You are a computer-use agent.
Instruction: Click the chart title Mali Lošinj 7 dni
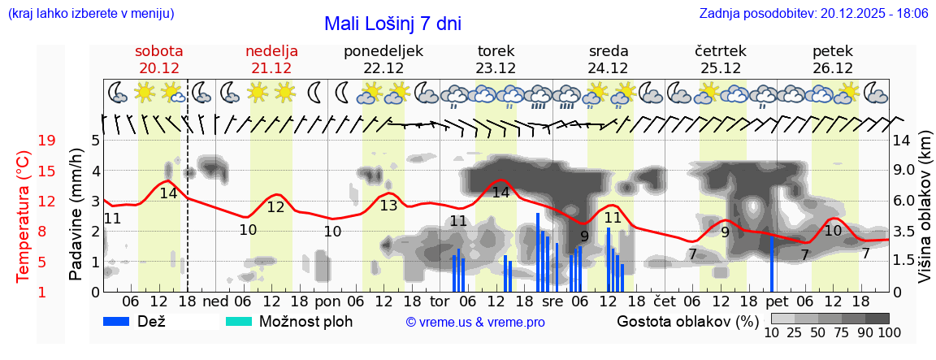pyautogui.click(x=392, y=24)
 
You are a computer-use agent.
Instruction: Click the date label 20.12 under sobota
pyautogui.click(x=159, y=68)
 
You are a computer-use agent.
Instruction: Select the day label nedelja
pyautogui.click(x=271, y=51)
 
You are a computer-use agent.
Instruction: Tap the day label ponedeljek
pyautogui.click(x=383, y=51)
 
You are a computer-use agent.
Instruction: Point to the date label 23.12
pyautogui.click(x=496, y=68)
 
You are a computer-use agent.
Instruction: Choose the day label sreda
pyautogui.click(x=609, y=51)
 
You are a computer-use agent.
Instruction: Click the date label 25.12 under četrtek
pyautogui.click(x=721, y=68)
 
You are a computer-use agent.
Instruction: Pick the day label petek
pyautogui.click(x=833, y=51)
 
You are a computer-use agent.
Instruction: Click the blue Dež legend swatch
pyautogui.click(x=122, y=321)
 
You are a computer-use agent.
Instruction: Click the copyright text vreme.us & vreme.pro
pyautogui.click(x=475, y=322)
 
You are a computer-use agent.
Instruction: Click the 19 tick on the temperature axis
pyautogui.click(x=46, y=141)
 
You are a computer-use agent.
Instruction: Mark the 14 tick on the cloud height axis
pyautogui.click(x=902, y=141)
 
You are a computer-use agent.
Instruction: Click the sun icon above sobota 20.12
pyautogui.click(x=145, y=92)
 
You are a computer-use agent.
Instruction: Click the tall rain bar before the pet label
pyautogui.click(x=772, y=263)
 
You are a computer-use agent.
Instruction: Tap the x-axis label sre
pyautogui.click(x=552, y=301)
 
